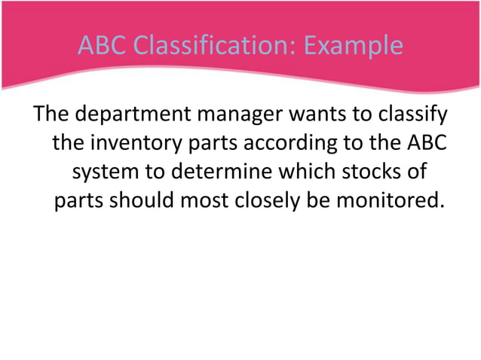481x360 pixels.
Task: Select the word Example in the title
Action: (354, 46)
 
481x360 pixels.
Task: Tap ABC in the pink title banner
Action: (103, 46)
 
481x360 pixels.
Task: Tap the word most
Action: (219, 202)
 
